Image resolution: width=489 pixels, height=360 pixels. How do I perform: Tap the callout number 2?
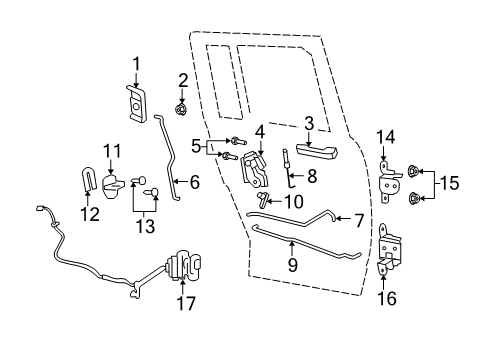(x=183, y=80)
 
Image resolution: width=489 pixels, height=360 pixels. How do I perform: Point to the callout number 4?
(x=259, y=130)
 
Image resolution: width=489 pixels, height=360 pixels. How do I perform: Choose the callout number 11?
(x=111, y=150)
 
